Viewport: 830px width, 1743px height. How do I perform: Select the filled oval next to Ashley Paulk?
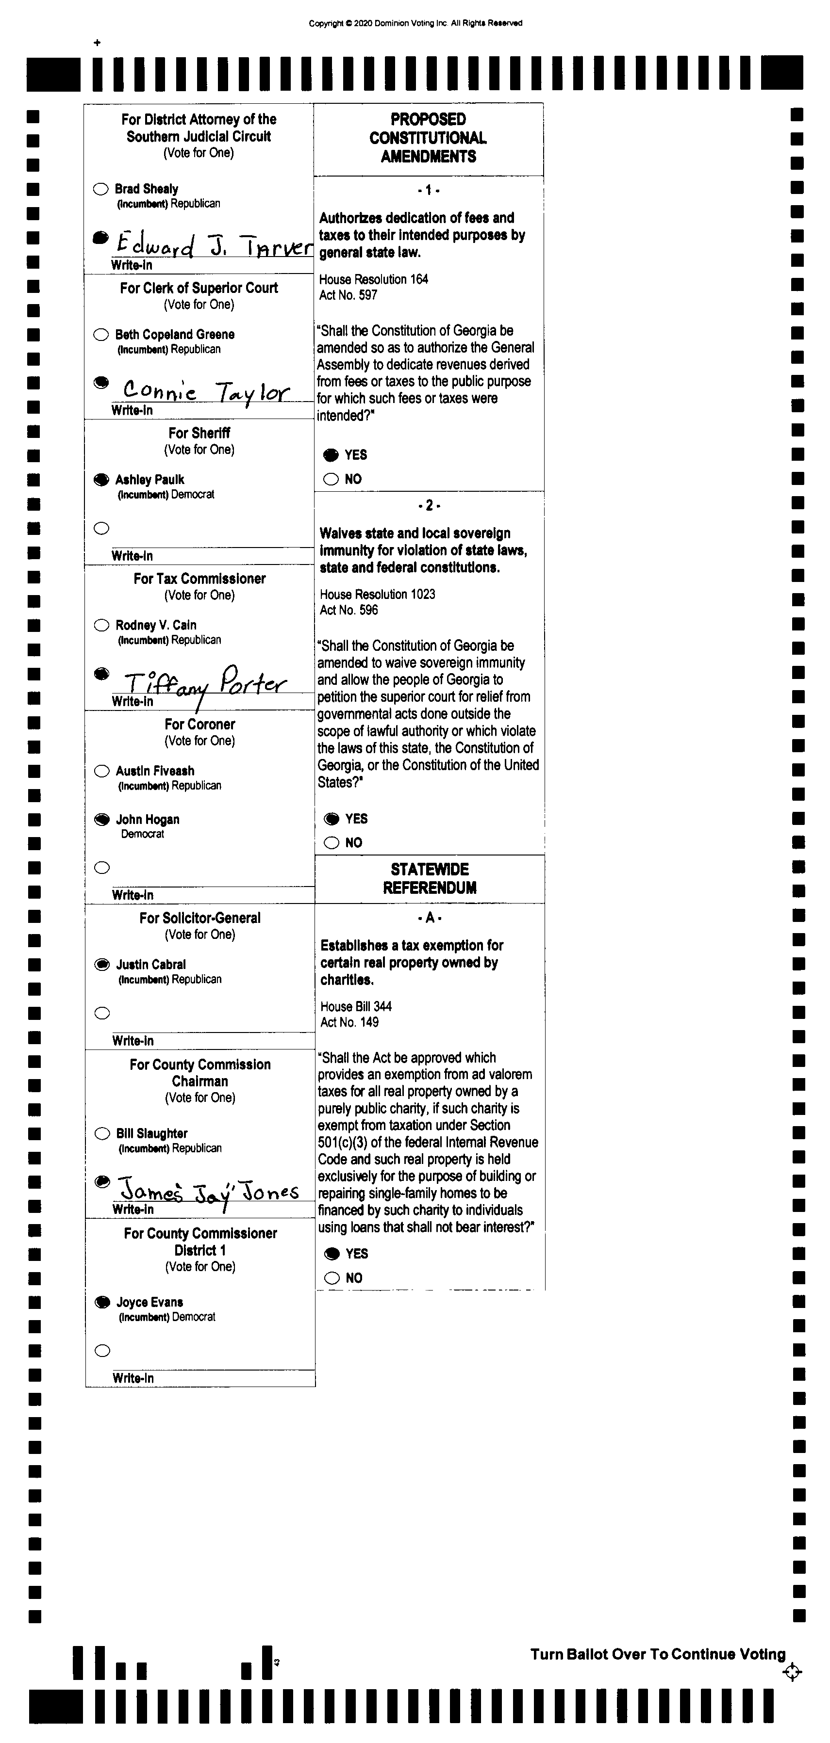click(x=101, y=480)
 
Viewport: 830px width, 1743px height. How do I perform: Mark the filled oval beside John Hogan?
click(x=101, y=820)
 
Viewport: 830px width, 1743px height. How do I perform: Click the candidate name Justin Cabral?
click(x=150, y=964)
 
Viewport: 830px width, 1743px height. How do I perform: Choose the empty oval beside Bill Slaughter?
click(x=102, y=1133)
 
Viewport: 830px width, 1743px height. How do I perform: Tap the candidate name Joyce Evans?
click(x=149, y=1302)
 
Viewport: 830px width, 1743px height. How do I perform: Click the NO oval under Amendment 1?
click(x=331, y=479)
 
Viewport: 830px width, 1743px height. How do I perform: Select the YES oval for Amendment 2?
click(x=332, y=819)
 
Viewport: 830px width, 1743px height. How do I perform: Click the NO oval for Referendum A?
click(x=332, y=1277)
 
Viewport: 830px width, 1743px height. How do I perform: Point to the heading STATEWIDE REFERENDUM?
click(x=430, y=878)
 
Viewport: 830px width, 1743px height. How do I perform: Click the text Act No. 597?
click(x=348, y=295)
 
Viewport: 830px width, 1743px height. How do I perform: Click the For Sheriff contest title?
click(x=199, y=433)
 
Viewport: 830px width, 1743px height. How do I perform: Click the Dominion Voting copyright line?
click(x=415, y=23)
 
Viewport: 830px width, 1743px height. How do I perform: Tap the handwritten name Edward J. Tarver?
click(x=213, y=245)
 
